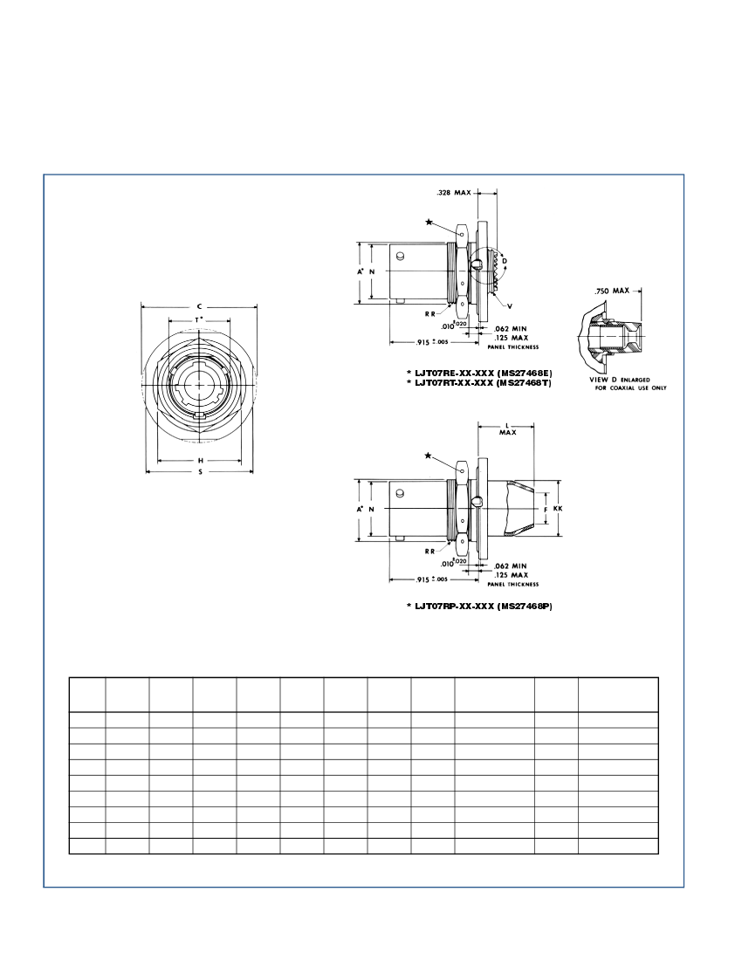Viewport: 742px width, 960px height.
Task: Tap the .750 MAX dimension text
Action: pyautogui.click(x=612, y=290)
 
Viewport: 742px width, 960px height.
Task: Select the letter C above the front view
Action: pyautogui.click(x=200, y=306)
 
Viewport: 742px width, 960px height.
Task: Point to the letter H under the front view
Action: pyautogui.click(x=200, y=460)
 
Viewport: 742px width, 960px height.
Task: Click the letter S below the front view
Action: pyautogui.click(x=200, y=472)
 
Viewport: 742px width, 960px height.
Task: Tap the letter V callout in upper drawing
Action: pyautogui.click(x=509, y=306)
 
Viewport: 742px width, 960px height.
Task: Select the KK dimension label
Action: pyautogui.click(x=557, y=508)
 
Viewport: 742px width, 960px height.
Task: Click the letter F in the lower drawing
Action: pyautogui.click(x=545, y=508)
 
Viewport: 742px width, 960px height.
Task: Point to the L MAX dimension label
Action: pyautogui.click(x=506, y=429)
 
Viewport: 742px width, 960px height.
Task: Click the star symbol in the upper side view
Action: pyautogui.click(x=429, y=222)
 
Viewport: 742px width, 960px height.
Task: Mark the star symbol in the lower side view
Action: pyautogui.click(x=427, y=456)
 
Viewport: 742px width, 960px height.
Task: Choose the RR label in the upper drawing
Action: pyautogui.click(x=430, y=312)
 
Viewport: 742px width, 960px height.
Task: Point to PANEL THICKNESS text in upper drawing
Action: pyautogui.click(x=512, y=346)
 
